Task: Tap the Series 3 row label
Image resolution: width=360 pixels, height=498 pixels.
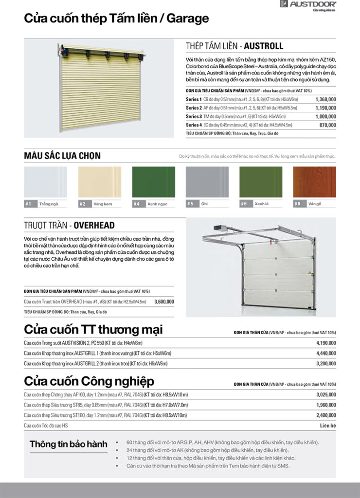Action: (x=194, y=116)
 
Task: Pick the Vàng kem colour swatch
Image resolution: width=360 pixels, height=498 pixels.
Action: (x=99, y=183)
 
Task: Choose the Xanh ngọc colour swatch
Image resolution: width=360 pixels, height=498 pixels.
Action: (x=153, y=183)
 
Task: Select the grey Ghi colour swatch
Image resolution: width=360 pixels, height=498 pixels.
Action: (x=207, y=183)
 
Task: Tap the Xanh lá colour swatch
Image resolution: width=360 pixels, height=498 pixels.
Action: (x=261, y=183)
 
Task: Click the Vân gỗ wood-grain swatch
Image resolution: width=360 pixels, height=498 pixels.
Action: (x=314, y=183)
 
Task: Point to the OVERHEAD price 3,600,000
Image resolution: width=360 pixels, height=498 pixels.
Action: (x=164, y=302)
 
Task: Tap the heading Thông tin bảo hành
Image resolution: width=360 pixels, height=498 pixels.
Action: (x=68, y=444)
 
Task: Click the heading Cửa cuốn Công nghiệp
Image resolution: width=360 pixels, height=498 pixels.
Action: (x=89, y=380)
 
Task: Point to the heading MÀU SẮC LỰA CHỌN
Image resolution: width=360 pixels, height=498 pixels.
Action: (x=62, y=156)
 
